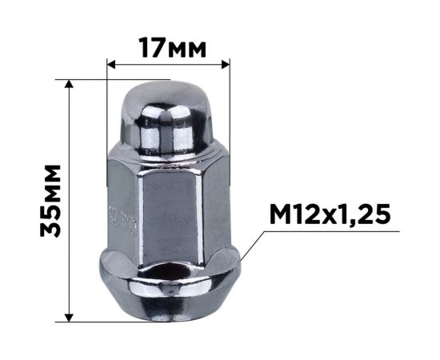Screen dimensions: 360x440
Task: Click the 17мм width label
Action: pyautogui.click(x=170, y=46)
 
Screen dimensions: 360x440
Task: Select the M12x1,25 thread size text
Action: pyautogui.click(x=330, y=214)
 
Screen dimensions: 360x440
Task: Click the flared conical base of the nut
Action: pyautogui.click(x=169, y=288)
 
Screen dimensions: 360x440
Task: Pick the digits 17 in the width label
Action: pyautogui.click(x=153, y=46)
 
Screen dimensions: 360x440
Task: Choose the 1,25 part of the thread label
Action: pyautogui.click(x=365, y=214)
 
